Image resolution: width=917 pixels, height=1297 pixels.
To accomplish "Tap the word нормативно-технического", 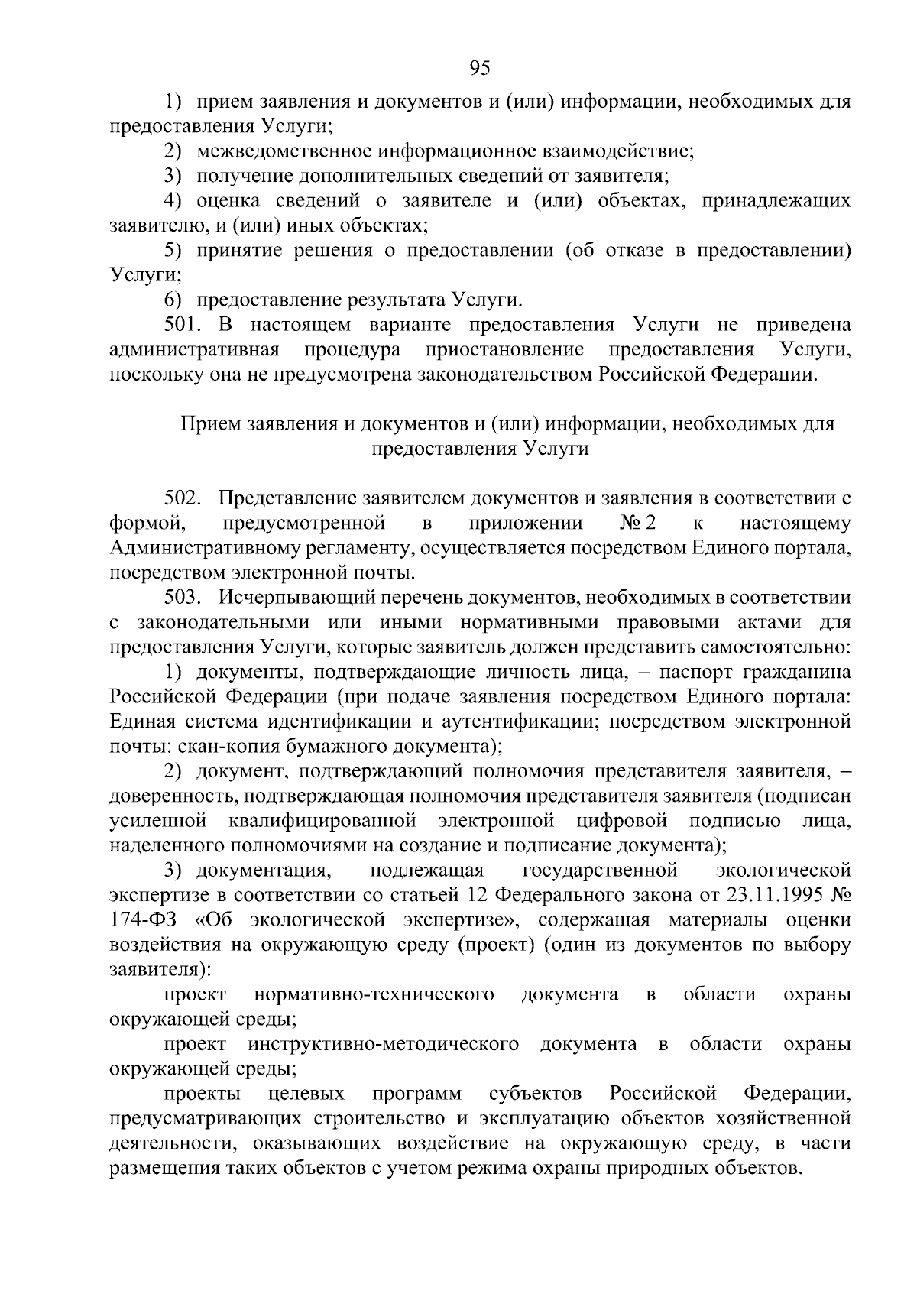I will (374, 994).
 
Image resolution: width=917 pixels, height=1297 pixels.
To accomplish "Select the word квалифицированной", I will (322, 821).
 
